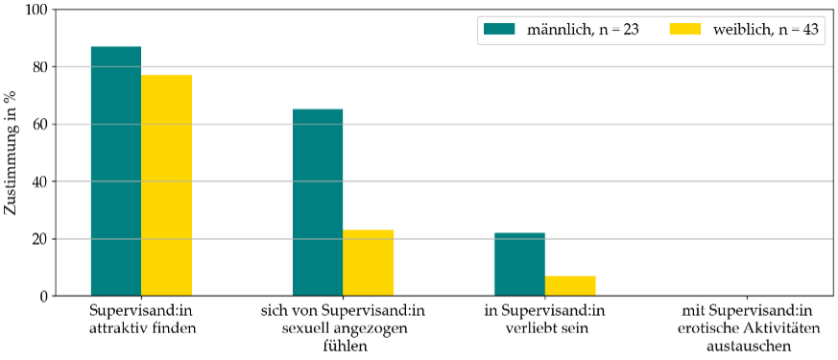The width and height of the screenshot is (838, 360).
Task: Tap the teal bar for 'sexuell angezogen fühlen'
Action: [x=318, y=203]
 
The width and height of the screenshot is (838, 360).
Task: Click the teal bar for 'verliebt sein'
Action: [x=519, y=264]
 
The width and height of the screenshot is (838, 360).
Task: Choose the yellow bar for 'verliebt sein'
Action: [x=569, y=285]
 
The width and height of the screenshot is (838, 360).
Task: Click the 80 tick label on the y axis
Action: [x=37, y=67]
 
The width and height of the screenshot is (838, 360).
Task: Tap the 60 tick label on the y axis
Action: [x=37, y=125]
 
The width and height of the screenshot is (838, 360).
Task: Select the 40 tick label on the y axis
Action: [x=37, y=181]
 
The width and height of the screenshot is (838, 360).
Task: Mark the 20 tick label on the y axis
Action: [x=37, y=239]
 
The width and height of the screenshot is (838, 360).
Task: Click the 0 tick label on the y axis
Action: [x=41, y=296]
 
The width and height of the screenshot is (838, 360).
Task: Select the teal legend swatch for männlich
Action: [x=500, y=30]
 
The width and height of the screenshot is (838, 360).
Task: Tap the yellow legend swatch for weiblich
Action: [x=686, y=30]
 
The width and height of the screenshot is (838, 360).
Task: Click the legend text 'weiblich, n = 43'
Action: [x=765, y=30]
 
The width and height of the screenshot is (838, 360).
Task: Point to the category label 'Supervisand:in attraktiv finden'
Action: [x=141, y=319]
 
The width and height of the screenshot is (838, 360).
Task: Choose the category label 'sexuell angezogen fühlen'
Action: [x=343, y=327]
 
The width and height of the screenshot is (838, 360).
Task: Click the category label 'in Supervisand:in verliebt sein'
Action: [x=544, y=319]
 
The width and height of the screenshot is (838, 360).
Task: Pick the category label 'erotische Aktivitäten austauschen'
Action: [x=747, y=327]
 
